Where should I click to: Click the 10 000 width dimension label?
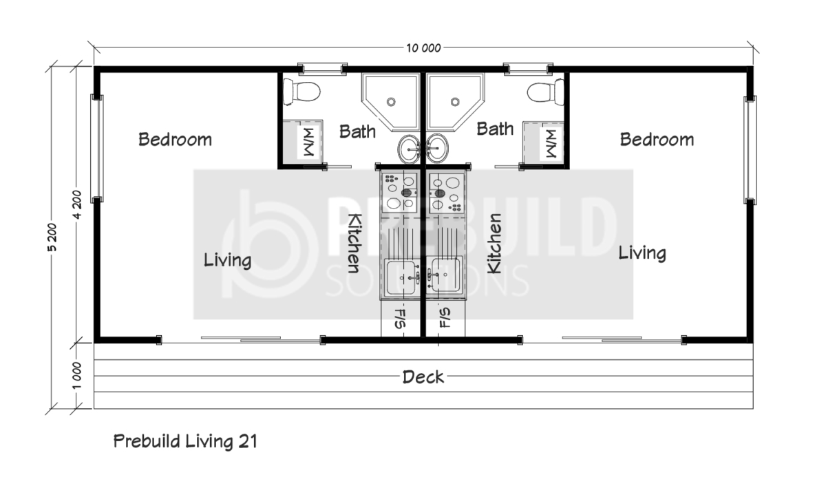(x=423, y=48)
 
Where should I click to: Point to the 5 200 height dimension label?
(x=52, y=237)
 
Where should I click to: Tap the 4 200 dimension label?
(x=77, y=204)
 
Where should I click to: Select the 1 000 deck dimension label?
(x=76, y=376)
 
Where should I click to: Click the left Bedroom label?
(x=175, y=140)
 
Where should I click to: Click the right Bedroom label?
(x=657, y=140)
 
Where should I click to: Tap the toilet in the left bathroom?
(x=301, y=92)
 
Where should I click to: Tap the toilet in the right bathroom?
(x=545, y=92)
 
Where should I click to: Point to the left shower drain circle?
(x=391, y=101)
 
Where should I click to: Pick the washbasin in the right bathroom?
(x=437, y=149)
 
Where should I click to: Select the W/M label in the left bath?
(x=308, y=142)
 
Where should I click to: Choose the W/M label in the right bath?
(x=551, y=143)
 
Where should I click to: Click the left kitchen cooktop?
(x=400, y=192)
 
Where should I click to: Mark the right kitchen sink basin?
(x=445, y=275)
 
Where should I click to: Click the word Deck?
(x=423, y=377)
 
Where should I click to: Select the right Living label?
(x=642, y=254)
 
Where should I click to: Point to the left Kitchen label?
(x=354, y=243)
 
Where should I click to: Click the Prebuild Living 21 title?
(x=185, y=441)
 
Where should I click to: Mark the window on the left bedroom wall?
(x=97, y=148)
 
